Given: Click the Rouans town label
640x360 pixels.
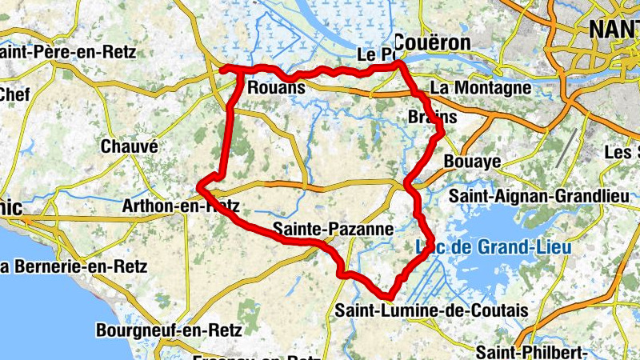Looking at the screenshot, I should pyautogui.click(x=276, y=87).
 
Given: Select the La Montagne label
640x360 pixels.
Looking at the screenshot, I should pyautogui.click(x=482, y=87).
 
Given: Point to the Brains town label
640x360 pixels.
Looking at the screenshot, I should pyautogui.click(x=432, y=118).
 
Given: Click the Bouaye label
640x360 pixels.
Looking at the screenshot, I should pyautogui.click(x=472, y=162).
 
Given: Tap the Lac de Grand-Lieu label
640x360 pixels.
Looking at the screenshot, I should pyautogui.click(x=494, y=247).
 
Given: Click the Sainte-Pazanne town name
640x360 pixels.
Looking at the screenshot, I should pyautogui.click(x=333, y=230).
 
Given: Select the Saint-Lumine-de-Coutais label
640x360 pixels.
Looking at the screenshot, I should pyautogui.click(x=432, y=310).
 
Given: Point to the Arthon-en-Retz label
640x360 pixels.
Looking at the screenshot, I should pyautogui.click(x=181, y=206).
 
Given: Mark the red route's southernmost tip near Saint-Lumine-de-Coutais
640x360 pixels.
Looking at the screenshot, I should pyautogui.click(x=390, y=298).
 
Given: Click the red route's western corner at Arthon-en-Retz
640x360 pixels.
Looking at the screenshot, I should pyautogui.click(x=200, y=189).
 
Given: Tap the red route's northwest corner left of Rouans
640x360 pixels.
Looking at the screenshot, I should pyautogui.click(x=223, y=69).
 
